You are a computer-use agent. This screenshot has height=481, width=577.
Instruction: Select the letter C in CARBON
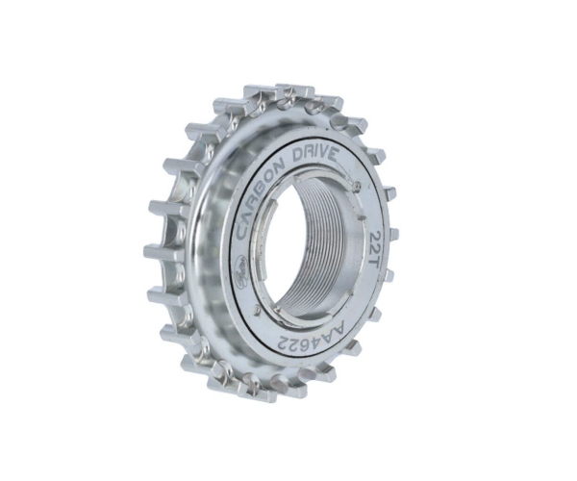(243, 230)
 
